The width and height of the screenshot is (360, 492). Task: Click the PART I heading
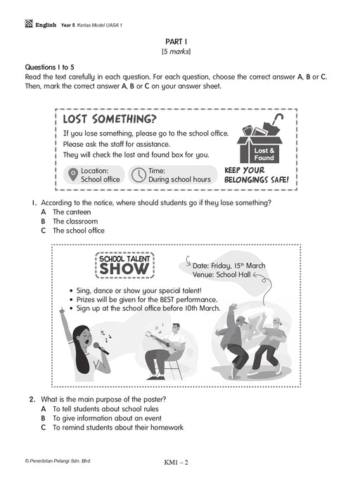coord(176,41)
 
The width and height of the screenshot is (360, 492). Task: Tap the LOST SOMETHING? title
coord(110,119)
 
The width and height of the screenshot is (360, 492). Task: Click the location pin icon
coord(73,174)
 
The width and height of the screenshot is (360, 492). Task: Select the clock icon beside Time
coord(138,175)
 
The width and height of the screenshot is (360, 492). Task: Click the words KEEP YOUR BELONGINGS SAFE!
coord(256,175)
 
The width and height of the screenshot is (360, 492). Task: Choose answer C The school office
coord(73,231)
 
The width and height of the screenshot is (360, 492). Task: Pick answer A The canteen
coord(66,212)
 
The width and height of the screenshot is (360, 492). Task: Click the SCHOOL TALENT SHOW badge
coord(124,265)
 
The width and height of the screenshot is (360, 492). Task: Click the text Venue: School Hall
coord(221,275)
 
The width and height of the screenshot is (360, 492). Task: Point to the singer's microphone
coord(101,348)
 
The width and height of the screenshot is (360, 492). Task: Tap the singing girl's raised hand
coord(62,310)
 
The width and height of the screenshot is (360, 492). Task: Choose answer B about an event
coord(101,418)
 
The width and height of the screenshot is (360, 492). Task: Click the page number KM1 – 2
coord(176,462)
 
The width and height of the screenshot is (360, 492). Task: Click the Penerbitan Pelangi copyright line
coord(58,461)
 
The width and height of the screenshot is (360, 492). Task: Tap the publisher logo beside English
coord(29,24)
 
